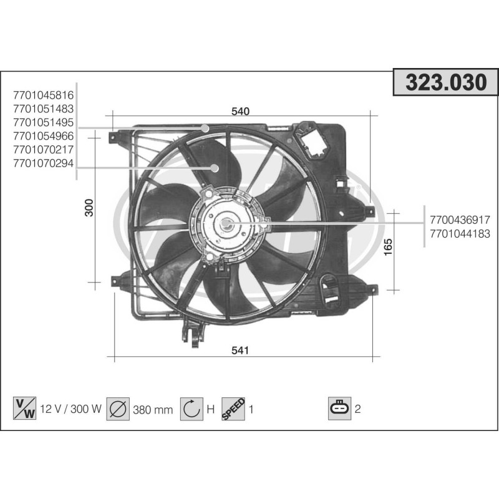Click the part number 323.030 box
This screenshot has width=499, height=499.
coord(446,84)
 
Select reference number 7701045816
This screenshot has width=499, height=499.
coord(43,95)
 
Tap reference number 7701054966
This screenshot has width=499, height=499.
coord(43,136)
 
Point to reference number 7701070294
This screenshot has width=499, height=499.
coord(43,163)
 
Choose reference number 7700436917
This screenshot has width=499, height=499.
coord(460,220)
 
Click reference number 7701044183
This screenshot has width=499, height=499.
coord(460,234)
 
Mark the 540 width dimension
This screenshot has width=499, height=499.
coord(240,112)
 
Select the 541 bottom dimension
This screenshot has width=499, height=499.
coord(240,351)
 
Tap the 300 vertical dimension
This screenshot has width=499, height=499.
coord(89,207)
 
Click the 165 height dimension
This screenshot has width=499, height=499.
coord(388,248)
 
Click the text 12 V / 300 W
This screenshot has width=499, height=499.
coord(70,410)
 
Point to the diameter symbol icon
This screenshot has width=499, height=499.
coord(117,409)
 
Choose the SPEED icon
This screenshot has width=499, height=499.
coord(233,409)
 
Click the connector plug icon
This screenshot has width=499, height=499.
coord(340,409)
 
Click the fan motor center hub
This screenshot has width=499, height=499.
coord(225,224)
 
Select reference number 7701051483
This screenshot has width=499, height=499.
coord(43,109)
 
